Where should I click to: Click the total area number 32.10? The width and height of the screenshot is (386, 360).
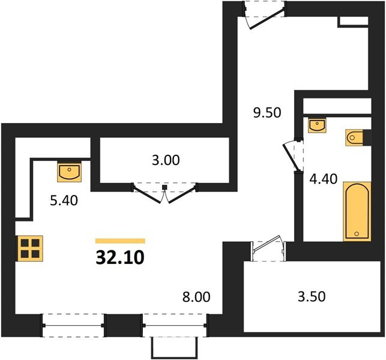120,257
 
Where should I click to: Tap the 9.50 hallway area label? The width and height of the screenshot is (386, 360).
267,113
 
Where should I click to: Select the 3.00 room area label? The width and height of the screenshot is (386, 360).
166,160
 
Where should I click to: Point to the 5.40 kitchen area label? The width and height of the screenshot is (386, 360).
64,200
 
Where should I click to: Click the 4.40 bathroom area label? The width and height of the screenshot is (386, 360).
323,179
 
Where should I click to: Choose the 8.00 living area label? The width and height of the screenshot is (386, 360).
196,297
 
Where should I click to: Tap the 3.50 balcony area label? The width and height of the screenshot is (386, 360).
312,296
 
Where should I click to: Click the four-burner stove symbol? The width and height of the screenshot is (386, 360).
30,248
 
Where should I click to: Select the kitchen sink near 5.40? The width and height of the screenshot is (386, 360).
70,172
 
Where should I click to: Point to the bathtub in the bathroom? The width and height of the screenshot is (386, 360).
357,211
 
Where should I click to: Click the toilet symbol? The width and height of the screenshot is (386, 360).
355,137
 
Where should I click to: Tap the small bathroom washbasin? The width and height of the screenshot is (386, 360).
317,125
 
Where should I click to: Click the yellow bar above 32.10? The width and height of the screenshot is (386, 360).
120,241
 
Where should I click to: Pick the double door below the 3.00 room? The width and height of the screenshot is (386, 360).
164,193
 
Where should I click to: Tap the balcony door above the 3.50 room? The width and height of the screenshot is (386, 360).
268,248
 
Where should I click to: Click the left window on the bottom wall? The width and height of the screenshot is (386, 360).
73,325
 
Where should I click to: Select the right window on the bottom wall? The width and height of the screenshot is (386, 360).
175,325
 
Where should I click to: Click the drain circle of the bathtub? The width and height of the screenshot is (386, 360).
357,233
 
